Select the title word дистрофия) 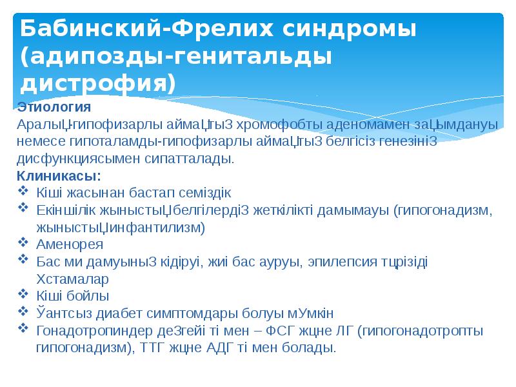(x=97, y=84)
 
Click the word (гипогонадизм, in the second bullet (x=445, y=210)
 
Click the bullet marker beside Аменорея (x=24, y=244)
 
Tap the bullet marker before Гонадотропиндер (x=24, y=331)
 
